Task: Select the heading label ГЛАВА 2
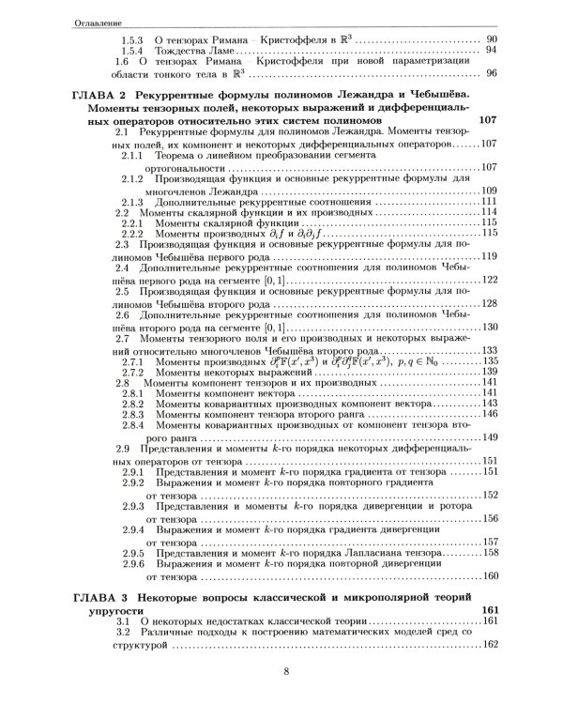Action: click(x=99, y=97)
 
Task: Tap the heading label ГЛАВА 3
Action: click(x=99, y=597)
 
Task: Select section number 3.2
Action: click(x=122, y=633)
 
